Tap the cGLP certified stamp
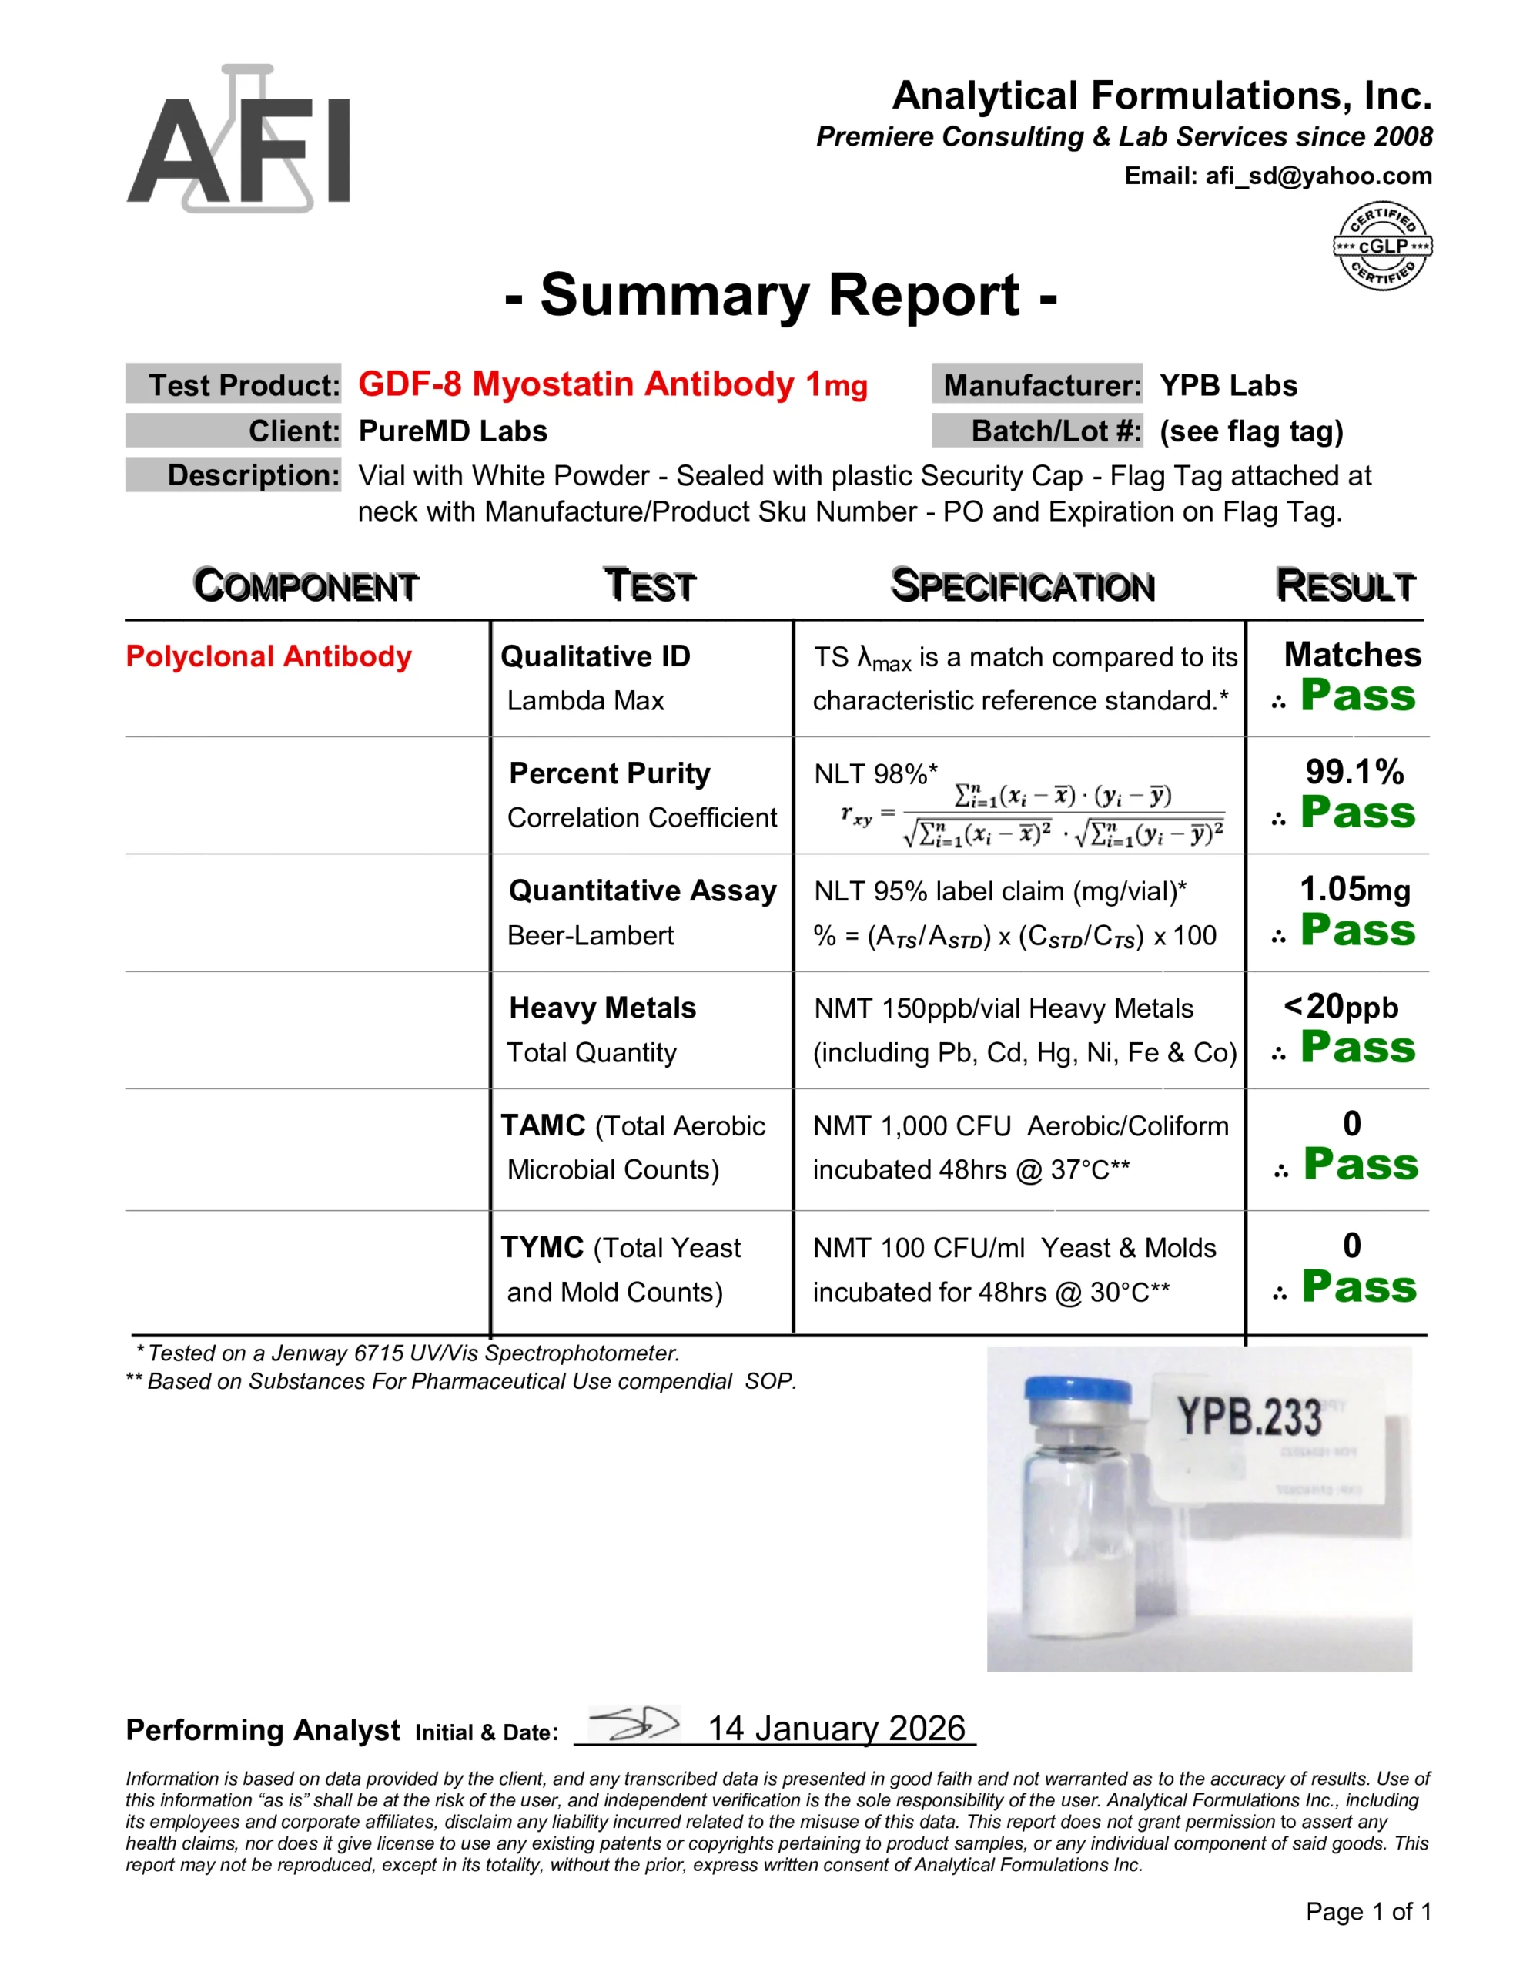coord(1382,246)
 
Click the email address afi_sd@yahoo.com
coord(1318,176)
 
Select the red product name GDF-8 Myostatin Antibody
coord(612,384)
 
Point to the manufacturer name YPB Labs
coord(1228,386)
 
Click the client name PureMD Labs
coord(452,431)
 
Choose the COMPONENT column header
coord(306,586)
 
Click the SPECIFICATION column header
coord(1023,586)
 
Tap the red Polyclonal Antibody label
coord(268,656)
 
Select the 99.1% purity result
coord(1354,772)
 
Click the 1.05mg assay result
coord(1354,890)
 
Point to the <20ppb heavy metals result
coord(1341,1006)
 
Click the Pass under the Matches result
coord(1357,696)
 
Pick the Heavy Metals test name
coord(602,1008)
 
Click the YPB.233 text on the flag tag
coord(1250,1416)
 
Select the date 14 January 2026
coord(836,1729)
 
